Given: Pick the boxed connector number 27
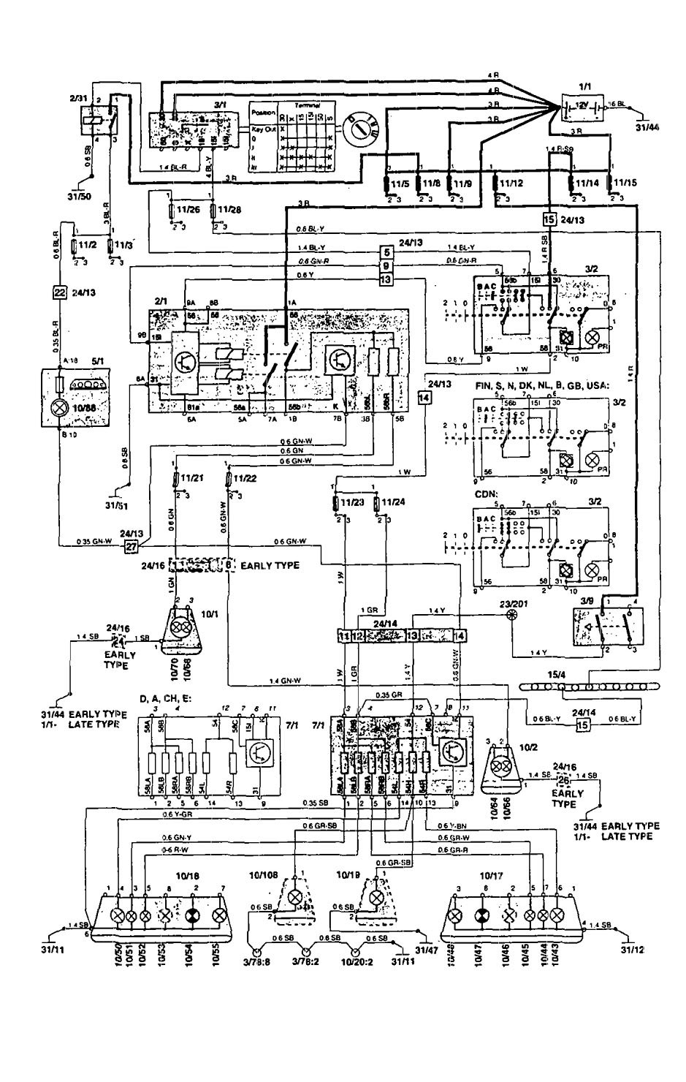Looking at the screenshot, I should [x=131, y=545].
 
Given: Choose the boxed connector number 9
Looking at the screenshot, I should [x=386, y=265].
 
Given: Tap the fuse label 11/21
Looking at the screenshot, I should [x=191, y=477].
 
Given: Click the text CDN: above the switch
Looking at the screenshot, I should [x=487, y=493].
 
